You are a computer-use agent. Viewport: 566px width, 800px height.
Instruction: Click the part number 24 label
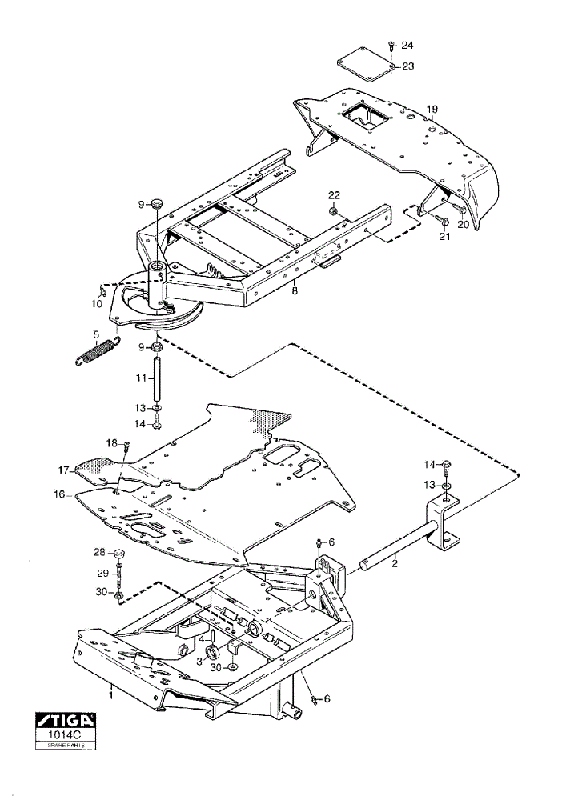(407, 46)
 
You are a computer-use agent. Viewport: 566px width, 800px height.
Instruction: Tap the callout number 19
(432, 109)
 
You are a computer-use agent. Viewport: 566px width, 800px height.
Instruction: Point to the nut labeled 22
(332, 210)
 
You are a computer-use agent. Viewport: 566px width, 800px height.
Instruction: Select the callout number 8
(294, 292)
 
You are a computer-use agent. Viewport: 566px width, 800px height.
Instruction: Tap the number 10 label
(97, 304)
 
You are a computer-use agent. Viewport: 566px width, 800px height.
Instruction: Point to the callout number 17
(63, 470)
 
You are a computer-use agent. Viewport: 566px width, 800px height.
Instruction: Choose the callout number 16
(59, 494)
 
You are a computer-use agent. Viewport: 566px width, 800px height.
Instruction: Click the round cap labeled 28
(119, 553)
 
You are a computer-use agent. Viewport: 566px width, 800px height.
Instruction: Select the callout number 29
(103, 574)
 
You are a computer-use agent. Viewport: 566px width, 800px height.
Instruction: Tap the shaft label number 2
(394, 564)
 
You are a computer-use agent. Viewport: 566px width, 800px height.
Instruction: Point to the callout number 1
(110, 694)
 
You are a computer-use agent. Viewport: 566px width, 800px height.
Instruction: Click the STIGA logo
(66, 721)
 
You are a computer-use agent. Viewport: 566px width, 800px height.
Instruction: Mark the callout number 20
(463, 225)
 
